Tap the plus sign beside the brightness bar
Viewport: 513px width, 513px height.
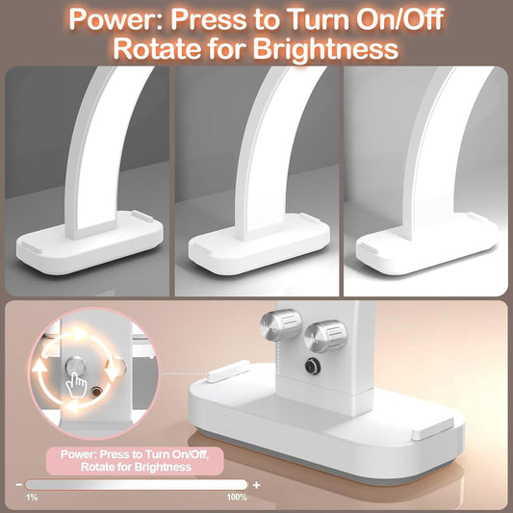coord(256,484)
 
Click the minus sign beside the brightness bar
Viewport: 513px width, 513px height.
coord(18,484)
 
